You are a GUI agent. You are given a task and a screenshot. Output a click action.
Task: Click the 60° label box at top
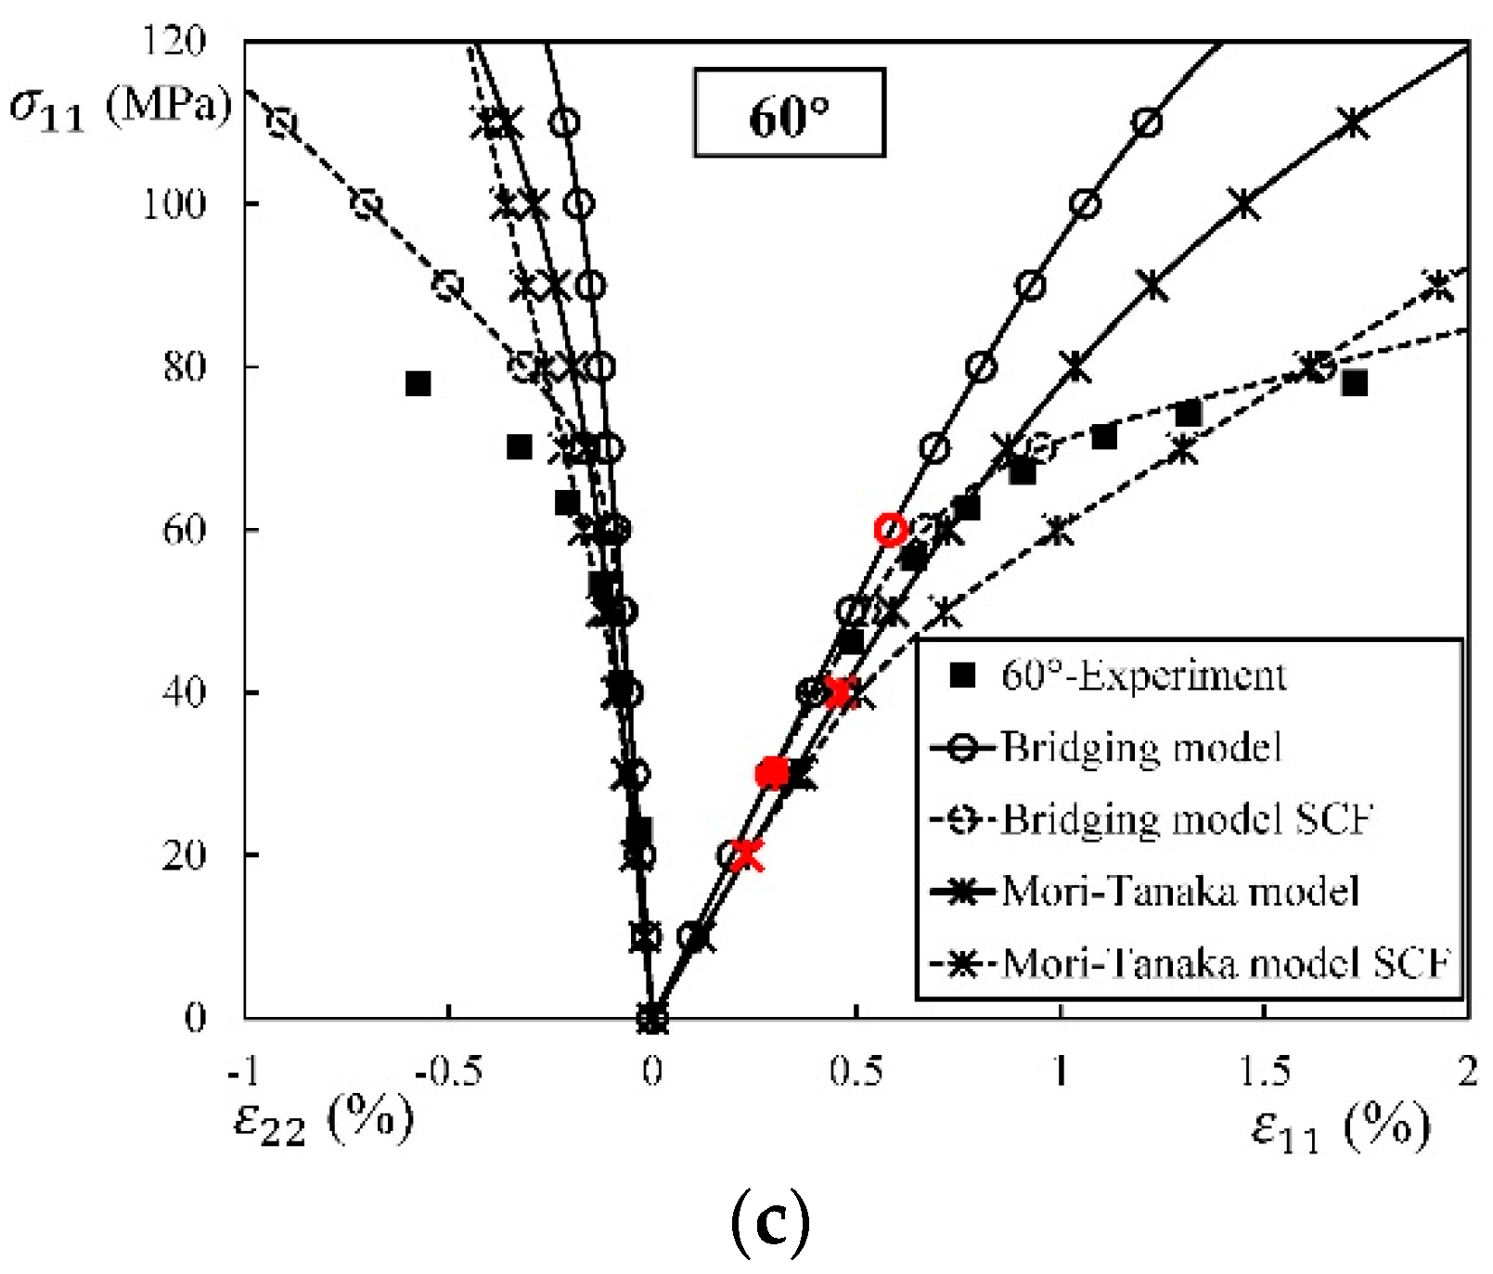789,113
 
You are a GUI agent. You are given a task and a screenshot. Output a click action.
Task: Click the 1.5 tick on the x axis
1265,1072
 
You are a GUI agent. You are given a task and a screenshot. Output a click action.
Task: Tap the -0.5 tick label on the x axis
448,1072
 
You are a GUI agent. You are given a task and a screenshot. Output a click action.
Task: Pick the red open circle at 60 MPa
891,530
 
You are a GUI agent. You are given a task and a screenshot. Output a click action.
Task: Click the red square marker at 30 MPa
772,772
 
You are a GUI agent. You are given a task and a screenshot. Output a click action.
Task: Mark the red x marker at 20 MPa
746,854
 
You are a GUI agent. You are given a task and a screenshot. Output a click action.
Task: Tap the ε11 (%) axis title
1341,1126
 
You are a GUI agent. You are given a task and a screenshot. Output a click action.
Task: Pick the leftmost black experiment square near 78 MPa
418,383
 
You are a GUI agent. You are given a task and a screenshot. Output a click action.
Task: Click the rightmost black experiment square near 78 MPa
1354,382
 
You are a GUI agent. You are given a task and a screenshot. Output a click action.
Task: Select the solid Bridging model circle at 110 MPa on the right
1148,122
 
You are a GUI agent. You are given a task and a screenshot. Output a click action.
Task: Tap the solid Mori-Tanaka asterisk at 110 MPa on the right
1354,122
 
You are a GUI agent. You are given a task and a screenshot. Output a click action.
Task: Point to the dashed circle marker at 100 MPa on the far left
367,204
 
